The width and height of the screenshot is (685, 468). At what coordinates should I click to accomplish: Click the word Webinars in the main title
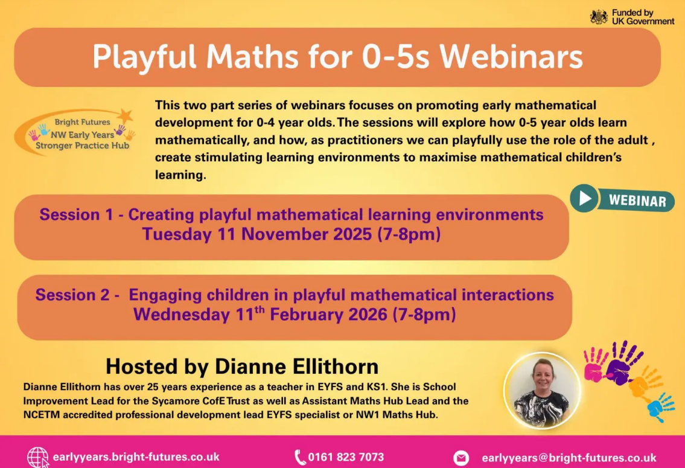point(511,56)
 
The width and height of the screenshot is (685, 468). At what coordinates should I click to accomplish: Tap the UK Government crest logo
point(599,17)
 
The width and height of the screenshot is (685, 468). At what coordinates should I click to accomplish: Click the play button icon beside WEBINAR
point(584,199)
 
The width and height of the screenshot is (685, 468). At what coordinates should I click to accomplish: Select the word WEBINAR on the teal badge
point(637,200)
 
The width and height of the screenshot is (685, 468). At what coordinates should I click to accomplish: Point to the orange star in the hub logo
point(125,116)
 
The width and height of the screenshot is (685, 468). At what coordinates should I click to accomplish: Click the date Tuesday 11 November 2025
point(257,234)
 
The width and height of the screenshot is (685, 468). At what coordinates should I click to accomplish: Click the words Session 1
point(76,214)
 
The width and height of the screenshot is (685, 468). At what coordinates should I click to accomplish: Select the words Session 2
point(72,295)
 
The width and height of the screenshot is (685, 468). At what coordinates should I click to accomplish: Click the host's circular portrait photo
point(542,391)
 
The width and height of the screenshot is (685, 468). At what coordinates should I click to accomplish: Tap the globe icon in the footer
point(37,458)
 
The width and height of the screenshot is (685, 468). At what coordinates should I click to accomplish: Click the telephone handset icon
point(300,458)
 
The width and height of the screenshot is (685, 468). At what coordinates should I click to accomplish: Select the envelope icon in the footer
point(461,458)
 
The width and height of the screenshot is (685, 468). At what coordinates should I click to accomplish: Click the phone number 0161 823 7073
point(346,457)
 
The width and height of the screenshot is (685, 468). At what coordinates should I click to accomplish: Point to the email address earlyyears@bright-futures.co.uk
point(569,458)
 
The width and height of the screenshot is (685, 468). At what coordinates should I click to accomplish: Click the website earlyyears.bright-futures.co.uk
point(136,457)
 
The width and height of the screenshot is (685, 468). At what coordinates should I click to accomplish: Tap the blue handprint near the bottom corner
point(660,407)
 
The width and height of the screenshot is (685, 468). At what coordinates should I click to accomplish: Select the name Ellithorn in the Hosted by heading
point(335,366)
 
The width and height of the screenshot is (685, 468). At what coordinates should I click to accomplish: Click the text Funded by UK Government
point(643,17)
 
